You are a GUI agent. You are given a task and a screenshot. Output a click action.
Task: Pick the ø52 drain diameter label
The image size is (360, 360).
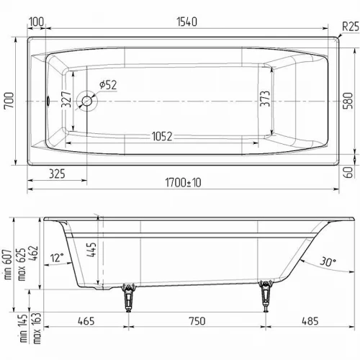tap(107, 85)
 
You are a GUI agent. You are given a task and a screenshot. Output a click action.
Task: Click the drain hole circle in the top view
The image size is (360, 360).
tap(88, 102)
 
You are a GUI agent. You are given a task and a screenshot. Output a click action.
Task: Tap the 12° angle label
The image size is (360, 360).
tap(57, 256)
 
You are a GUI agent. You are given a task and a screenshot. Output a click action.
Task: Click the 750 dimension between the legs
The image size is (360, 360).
tap(195, 322)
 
